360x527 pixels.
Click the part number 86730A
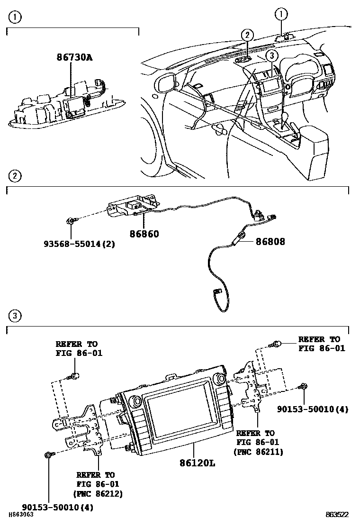tap(74, 58)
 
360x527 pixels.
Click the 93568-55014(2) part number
tap(79, 245)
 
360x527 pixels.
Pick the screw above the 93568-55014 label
tap(71, 221)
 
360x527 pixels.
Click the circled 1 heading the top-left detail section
tap(15, 18)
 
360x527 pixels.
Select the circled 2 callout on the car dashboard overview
tap(247, 35)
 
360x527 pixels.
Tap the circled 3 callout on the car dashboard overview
tap(270, 56)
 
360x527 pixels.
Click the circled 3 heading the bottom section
tap(15, 316)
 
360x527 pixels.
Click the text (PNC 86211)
tap(258, 452)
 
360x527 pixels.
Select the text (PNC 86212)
tap(98, 493)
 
